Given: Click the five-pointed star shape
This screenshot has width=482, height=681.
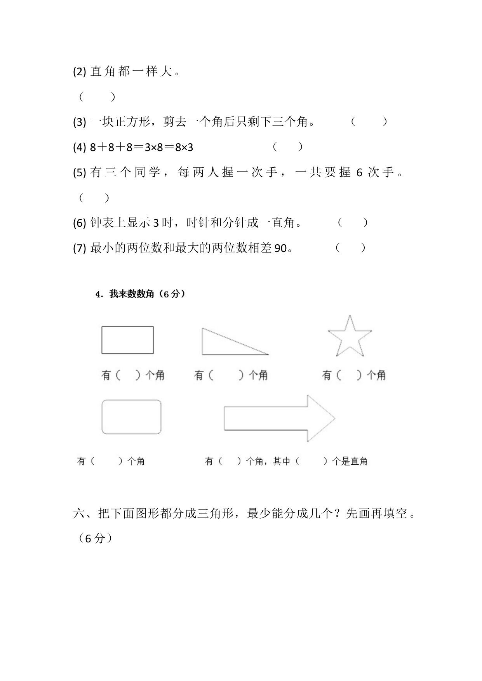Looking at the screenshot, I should click(x=350, y=338).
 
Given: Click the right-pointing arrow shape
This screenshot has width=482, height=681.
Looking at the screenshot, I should click(x=280, y=419).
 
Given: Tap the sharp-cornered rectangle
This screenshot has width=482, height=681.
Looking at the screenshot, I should click(x=127, y=340).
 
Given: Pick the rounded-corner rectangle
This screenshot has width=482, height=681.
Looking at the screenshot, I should click(x=131, y=417).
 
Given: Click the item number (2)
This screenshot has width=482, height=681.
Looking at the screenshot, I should click(x=79, y=72).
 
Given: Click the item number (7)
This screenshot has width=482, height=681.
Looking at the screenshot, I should click(x=79, y=248).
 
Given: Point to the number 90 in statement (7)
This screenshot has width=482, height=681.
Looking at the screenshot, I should click(x=280, y=248).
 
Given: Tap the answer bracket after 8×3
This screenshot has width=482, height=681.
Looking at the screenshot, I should click(x=287, y=147).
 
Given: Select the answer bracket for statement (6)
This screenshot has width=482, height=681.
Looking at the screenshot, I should click(x=353, y=223).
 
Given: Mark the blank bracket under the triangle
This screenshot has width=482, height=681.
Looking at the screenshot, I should click(x=226, y=375).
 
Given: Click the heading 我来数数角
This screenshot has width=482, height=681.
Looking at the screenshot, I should click(x=132, y=294).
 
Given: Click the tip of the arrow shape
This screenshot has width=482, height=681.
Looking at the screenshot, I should click(x=334, y=419).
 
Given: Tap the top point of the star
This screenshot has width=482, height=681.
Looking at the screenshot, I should click(x=350, y=316).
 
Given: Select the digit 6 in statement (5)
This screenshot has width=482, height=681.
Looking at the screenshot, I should click(x=359, y=172).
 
